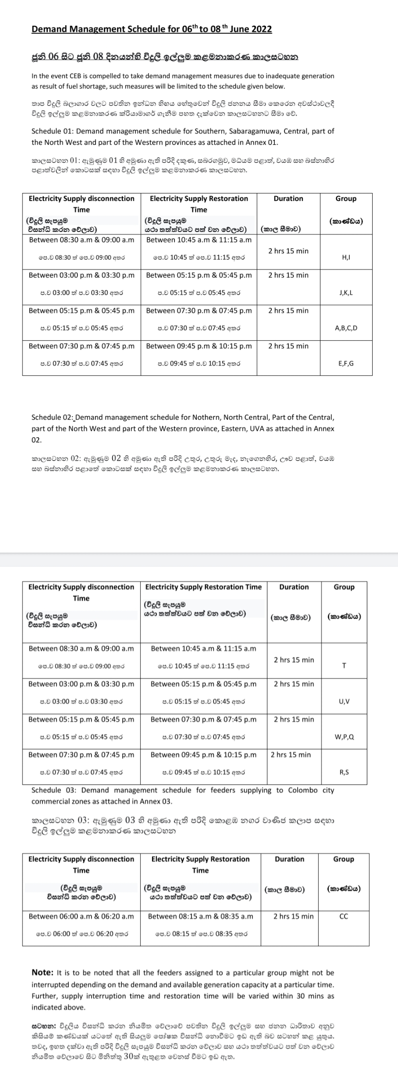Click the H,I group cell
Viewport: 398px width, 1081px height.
click(x=346, y=257)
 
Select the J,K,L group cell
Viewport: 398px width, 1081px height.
click(x=346, y=292)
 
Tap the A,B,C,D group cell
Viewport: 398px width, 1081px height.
click(x=346, y=328)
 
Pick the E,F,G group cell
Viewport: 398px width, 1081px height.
click(x=346, y=364)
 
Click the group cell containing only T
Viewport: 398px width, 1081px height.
click(x=344, y=666)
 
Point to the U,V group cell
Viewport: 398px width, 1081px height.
click(x=344, y=701)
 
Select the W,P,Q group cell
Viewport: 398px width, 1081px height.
click(x=344, y=737)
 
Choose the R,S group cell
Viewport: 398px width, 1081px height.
click(x=344, y=772)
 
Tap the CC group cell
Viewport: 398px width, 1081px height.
click(x=343, y=916)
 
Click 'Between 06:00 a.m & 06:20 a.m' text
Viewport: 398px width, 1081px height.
click(x=81, y=916)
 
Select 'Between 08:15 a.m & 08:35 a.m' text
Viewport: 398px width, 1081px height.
click(x=200, y=916)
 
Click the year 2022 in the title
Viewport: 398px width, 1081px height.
click(x=262, y=29)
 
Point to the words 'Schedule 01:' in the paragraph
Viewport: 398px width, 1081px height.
click(x=53, y=131)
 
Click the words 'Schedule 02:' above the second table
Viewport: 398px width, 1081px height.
click(x=53, y=417)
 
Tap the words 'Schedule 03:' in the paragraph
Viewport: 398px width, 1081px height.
click(x=53, y=790)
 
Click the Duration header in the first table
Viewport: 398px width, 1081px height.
click(x=288, y=198)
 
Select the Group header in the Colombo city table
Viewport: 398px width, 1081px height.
click(x=343, y=859)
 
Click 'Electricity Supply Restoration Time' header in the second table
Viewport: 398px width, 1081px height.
click(x=203, y=587)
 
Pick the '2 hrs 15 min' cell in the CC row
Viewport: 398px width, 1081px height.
click(x=293, y=916)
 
